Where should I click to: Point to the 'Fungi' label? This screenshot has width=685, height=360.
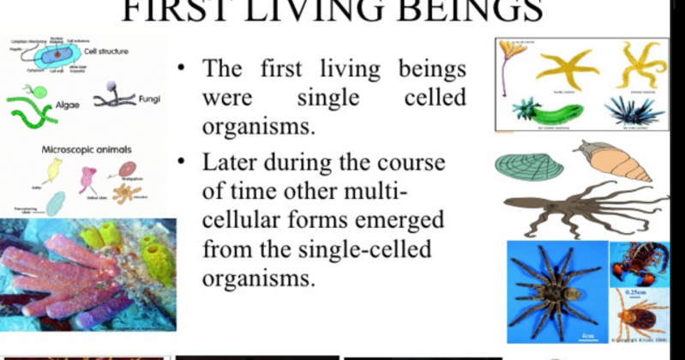tap(149, 99)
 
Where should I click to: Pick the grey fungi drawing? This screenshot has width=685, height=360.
tap(115, 95)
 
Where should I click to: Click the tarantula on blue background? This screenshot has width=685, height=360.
tap(557, 290)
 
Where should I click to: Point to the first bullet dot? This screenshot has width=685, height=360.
tap(183, 67)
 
